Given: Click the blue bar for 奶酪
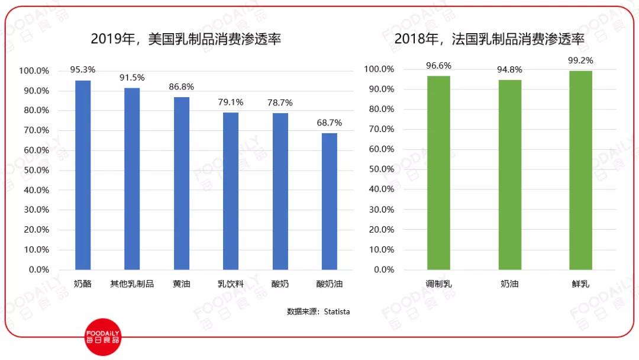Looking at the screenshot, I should point(83,175).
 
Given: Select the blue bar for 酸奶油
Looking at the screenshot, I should point(330,201).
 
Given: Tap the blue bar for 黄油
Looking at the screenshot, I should point(182,183).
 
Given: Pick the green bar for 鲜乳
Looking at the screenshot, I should point(580,170).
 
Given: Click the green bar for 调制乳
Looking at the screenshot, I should point(438,172).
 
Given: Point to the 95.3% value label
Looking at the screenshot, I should point(83,69).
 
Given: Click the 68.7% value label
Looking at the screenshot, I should point(330,123).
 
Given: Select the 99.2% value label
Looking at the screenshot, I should point(580,60).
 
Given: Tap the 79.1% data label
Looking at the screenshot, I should point(231,102).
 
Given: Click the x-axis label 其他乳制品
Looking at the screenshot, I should point(132,284).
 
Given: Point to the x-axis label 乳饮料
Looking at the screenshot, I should point(231,284).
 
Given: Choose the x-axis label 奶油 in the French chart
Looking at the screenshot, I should point(509,284).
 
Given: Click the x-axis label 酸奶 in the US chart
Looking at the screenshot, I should point(280,284).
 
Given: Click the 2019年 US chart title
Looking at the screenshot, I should point(186,40).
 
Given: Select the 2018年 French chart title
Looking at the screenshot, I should point(489,40).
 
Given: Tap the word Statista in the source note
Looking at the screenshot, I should point(337,311).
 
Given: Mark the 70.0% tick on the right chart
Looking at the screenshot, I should point(379,129).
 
